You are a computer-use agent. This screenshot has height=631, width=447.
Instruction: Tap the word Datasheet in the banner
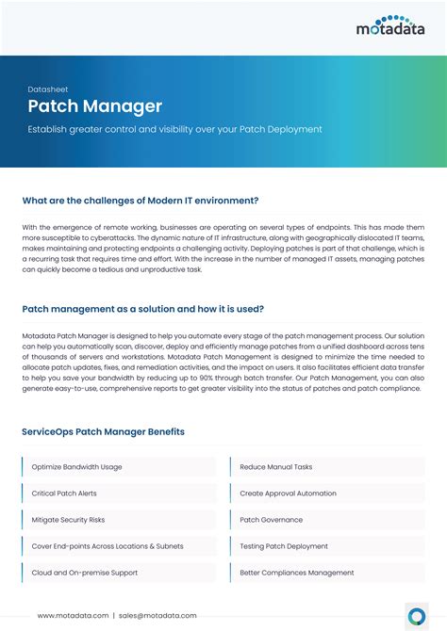48,89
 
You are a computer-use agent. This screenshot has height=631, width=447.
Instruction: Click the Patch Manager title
94,107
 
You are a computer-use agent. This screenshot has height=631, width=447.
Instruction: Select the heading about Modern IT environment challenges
141,200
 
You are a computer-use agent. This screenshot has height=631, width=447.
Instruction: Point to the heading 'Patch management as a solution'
142,309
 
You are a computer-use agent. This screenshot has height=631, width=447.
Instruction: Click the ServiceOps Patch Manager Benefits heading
103,431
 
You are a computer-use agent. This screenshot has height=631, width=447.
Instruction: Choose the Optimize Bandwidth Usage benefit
76,467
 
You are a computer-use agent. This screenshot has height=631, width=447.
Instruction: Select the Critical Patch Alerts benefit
64,493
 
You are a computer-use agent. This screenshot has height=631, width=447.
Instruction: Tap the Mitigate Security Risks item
68,520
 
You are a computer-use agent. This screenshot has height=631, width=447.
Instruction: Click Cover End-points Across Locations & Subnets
108,546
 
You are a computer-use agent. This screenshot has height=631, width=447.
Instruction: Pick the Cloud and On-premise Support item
85,573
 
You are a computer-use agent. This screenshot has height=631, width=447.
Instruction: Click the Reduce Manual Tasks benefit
276,467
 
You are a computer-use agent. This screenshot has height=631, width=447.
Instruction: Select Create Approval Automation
288,493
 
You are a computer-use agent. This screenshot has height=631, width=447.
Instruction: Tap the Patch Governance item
271,520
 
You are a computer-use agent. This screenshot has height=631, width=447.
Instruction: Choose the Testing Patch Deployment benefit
284,546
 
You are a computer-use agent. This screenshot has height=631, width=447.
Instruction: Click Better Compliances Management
297,573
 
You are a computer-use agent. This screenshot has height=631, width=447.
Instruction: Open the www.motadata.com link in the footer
74,615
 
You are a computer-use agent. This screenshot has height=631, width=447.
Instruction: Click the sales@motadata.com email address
157,615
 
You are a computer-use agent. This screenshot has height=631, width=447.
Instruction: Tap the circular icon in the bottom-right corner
416,615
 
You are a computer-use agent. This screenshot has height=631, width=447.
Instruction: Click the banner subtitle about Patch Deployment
174,129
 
